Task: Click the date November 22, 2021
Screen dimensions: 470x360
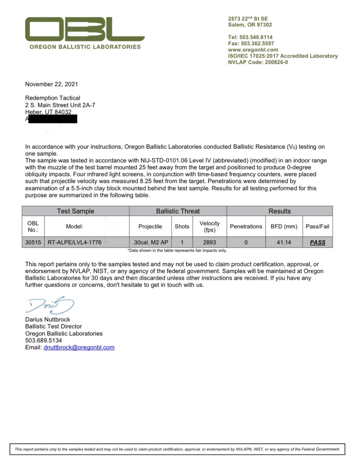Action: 51,84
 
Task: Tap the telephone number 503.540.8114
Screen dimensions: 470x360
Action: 256,37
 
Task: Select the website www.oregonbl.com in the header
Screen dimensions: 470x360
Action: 253,50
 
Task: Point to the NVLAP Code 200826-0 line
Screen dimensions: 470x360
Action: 258,62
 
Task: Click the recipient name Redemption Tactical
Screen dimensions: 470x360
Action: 52,98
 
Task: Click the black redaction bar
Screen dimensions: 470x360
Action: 53,119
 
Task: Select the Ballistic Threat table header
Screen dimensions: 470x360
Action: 178,211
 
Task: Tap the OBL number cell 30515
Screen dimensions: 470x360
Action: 33,242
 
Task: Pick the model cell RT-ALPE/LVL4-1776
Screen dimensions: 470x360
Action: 75,242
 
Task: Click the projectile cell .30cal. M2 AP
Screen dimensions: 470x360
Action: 150,242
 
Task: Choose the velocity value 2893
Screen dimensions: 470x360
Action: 210,242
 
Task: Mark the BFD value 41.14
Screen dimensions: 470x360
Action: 284,242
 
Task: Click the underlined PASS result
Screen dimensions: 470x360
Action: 317,242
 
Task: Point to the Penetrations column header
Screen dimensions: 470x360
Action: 246,227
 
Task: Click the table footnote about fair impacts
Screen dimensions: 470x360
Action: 177,251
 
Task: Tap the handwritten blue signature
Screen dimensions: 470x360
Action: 50,305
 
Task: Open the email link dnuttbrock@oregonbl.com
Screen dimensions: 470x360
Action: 79,347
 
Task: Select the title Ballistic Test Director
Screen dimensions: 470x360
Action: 53,326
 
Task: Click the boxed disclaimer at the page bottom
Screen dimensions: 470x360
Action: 177,449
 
